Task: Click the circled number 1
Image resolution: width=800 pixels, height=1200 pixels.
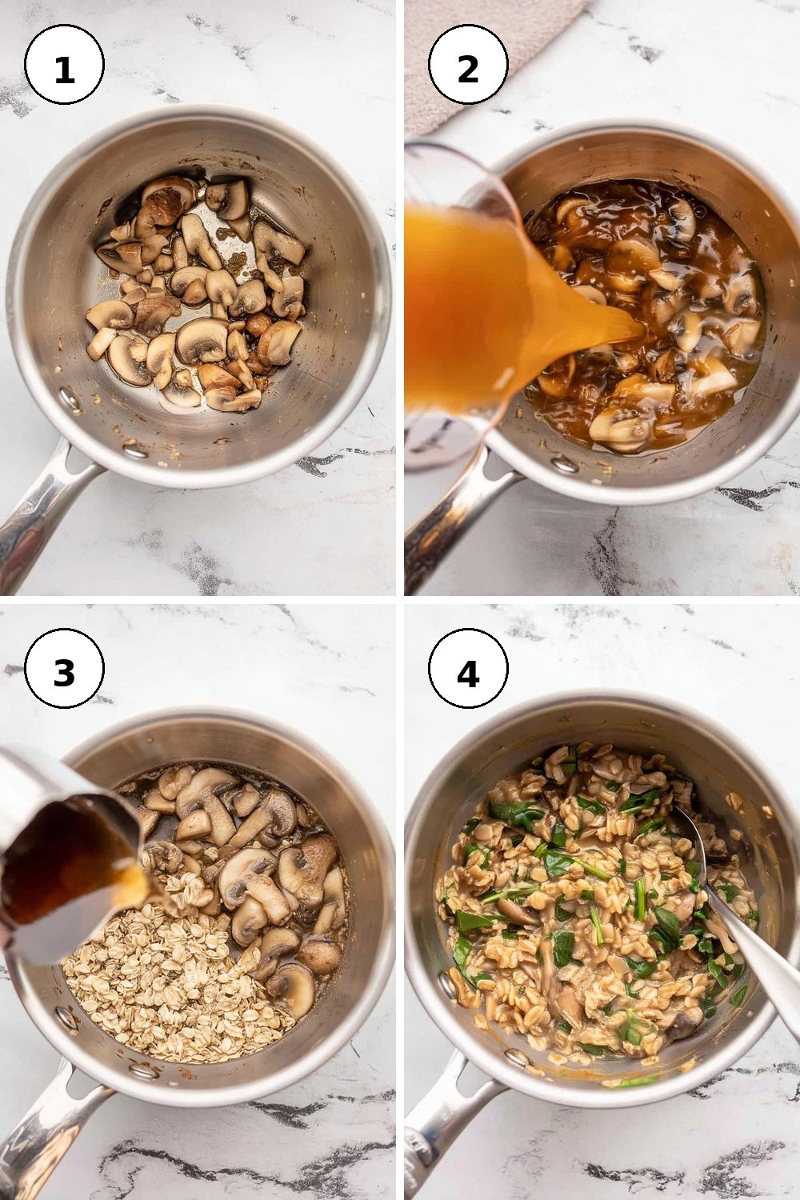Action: [64, 64]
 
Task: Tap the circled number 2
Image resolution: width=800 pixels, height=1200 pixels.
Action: [468, 64]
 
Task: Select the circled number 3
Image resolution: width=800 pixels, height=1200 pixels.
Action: [64, 669]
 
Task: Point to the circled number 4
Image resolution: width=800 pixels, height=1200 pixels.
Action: [468, 669]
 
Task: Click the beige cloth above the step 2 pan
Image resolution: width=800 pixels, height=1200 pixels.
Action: [482, 59]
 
